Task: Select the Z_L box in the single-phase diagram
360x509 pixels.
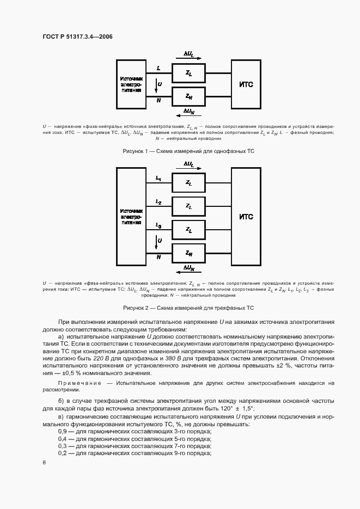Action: pos(188,72)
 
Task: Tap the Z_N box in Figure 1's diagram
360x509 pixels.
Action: pos(188,96)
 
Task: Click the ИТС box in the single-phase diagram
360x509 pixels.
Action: pos(247,84)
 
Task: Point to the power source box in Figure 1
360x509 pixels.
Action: pos(131,84)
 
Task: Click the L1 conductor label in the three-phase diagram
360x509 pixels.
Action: pos(158,178)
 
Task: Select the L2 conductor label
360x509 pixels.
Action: pos(158,202)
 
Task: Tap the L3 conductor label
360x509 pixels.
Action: pos(158,225)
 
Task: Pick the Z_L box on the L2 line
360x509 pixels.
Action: pos(188,206)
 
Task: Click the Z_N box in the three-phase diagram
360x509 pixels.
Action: pos(188,253)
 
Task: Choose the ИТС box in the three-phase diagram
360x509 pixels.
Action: pos(247,217)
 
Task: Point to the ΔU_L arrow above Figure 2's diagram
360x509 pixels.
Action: pos(188,164)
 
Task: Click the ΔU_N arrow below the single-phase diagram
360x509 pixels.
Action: pos(188,112)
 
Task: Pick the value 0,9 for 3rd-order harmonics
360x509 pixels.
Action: pos(63,431)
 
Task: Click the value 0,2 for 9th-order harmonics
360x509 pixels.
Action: pos(63,452)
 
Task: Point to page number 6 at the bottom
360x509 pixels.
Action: pos(44,462)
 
